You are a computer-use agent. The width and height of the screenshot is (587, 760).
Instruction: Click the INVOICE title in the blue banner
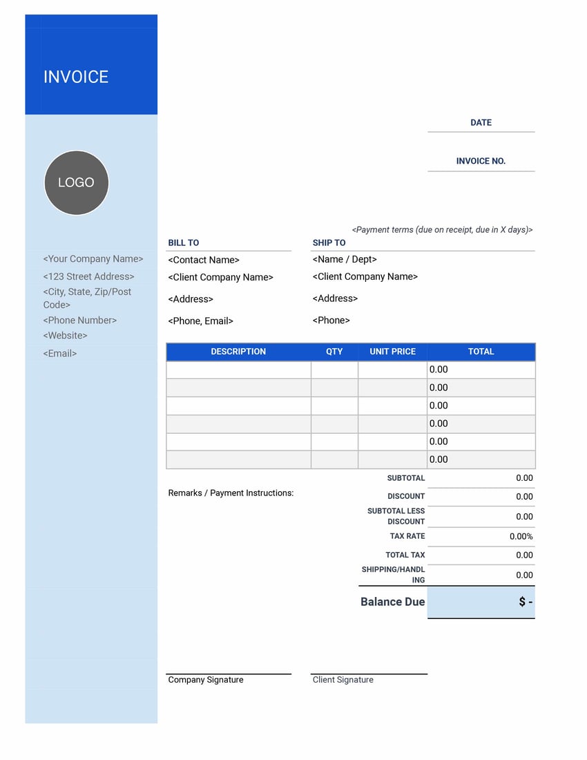click(x=76, y=77)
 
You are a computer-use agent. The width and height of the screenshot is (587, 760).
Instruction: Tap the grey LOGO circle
click(x=76, y=182)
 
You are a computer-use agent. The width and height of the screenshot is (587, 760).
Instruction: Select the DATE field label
click(x=481, y=123)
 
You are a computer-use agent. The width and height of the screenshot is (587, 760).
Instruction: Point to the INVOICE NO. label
click(x=481, y=161)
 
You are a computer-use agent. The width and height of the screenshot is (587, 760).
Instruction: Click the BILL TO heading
click(x=184, y=243)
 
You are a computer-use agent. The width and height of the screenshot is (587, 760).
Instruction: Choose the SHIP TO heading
click(x=329, y=243)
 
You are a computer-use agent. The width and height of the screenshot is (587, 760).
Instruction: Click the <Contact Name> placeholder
click(x=204, y=260)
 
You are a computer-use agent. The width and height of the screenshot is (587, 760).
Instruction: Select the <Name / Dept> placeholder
click(x=345, y=260)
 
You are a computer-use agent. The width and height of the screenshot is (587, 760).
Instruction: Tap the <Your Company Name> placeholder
click(x=93, y=259)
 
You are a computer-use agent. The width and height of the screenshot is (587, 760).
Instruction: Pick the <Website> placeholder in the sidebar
click(x=66, y=336)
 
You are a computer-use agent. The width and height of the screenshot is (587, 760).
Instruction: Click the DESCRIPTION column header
click(x=238, y=352)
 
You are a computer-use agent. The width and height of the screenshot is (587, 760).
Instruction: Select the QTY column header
click(x=334, y=352)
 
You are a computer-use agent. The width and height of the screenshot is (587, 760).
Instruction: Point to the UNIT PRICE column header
click(x=392, y=352)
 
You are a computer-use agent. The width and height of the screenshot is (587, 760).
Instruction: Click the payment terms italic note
click(x=442, y=230)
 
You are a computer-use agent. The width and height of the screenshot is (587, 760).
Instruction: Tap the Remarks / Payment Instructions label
click(x=231, y=493)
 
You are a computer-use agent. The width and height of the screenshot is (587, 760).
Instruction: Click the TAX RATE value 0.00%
click(x=521, y=537)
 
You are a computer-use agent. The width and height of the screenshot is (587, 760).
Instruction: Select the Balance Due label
click(x=392, y=602)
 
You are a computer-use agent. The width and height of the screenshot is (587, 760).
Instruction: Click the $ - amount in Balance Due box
click(x=526, y=602)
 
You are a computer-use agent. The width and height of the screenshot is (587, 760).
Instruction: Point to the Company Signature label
click(x=206, y=680)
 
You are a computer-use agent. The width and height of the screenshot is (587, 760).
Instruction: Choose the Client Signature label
click(x=343, y=680)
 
